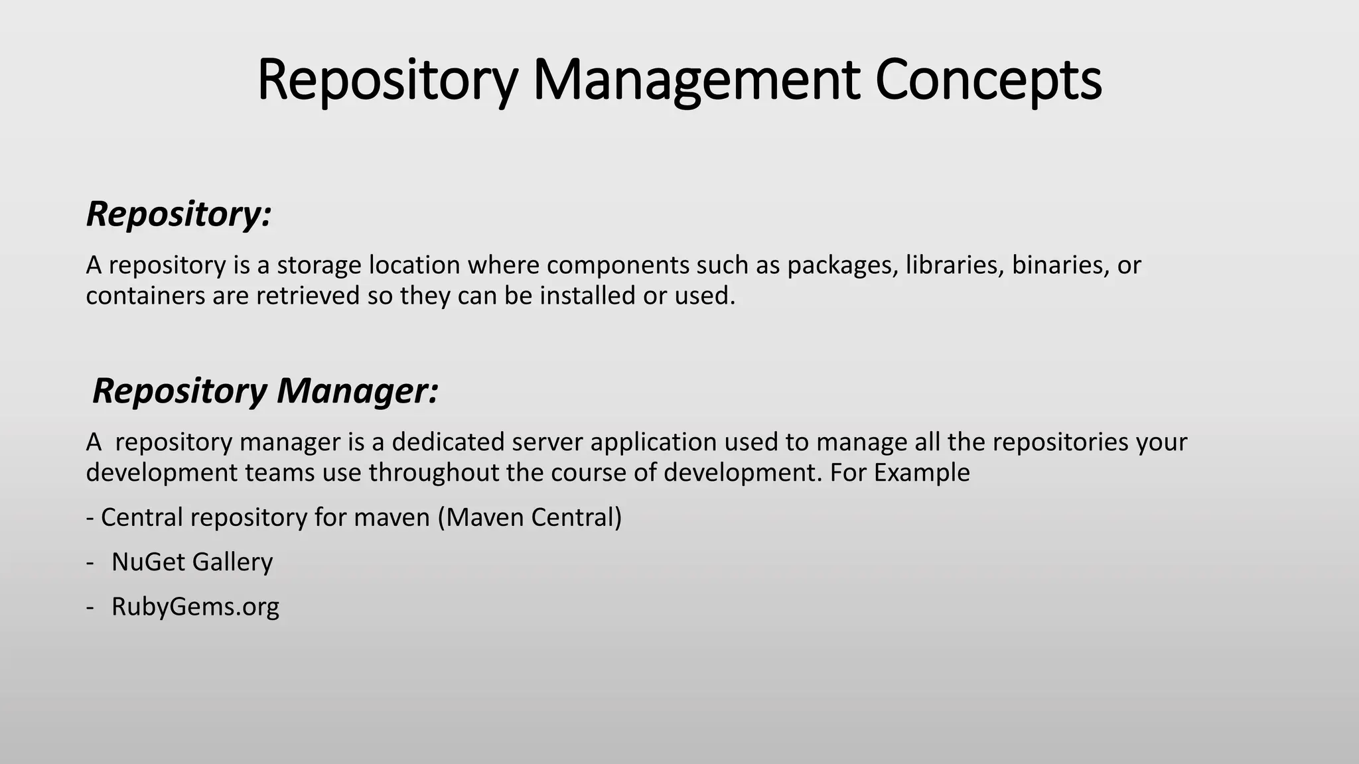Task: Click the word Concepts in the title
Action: (988, 80)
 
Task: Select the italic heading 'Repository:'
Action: (179, 214)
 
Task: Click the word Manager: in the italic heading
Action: (358, 391)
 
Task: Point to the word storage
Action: (319, 265)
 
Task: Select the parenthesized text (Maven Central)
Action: (530, 517)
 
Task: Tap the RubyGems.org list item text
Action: (195, 607)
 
